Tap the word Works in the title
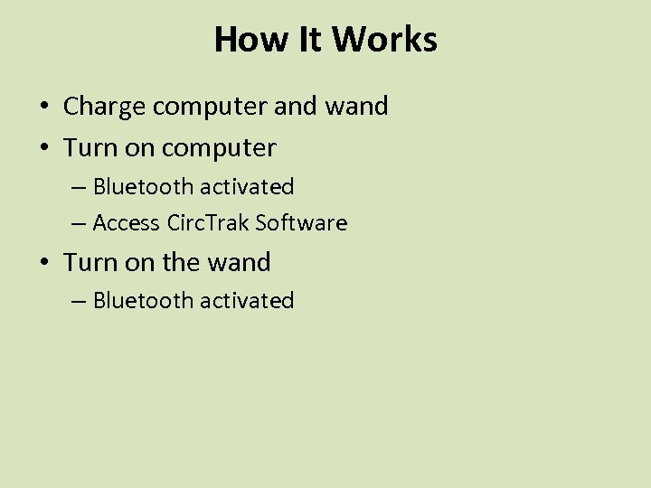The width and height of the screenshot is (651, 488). point(384,40)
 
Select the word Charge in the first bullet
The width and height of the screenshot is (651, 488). point(105,107)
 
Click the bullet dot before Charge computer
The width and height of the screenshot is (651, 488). point(43,108)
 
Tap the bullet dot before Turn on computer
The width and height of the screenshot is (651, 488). point(43,147)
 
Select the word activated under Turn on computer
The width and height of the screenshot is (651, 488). point(247,187)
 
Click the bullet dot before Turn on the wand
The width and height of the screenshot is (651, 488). point(43,263)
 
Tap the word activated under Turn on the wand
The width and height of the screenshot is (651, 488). point(247,301)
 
